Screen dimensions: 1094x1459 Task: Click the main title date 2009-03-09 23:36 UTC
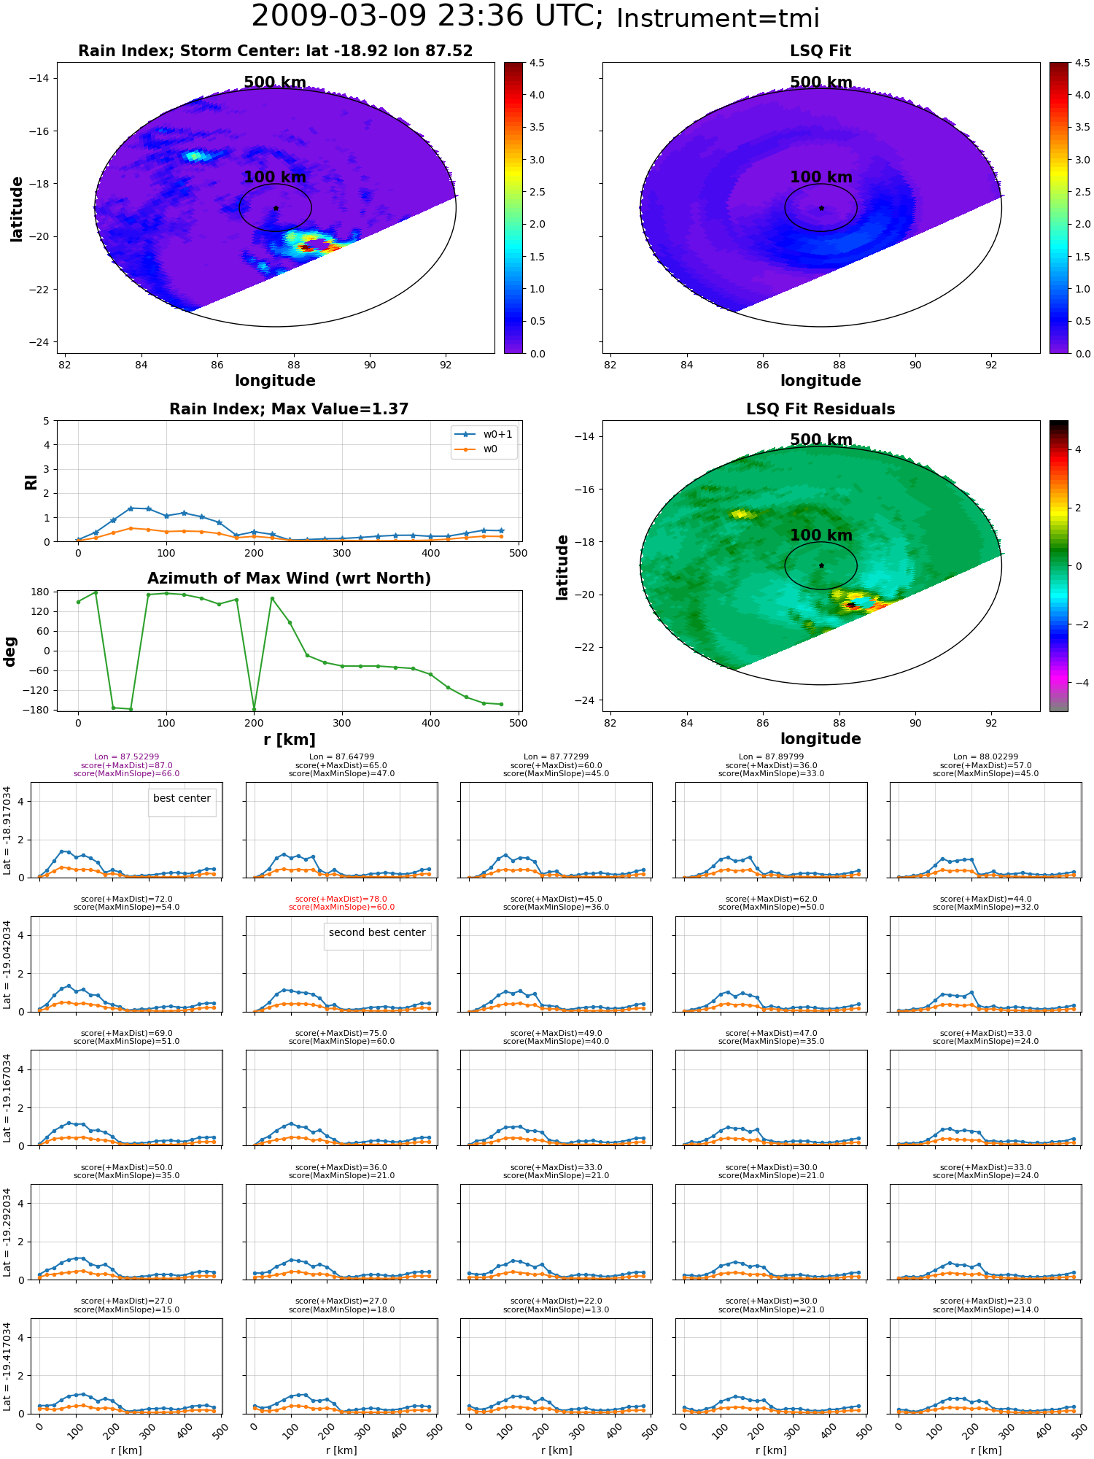(427, 16)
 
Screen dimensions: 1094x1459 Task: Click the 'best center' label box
(182, 799)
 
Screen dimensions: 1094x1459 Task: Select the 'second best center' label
(377, 933)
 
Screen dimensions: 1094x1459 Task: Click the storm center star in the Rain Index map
(276, 208)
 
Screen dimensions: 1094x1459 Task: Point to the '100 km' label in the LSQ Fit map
(821, 177)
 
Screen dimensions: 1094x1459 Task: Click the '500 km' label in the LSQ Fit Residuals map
(821, 440)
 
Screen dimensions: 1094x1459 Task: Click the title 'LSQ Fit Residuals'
(820, 409)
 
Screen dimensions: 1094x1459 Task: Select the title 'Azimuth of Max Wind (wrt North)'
(289, 578)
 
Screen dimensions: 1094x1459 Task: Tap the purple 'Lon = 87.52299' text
(126, 757)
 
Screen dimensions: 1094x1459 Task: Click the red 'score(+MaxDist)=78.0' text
(341, 899)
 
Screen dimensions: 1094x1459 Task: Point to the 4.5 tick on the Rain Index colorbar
(537, 63)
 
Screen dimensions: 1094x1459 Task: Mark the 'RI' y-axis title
(31, 482)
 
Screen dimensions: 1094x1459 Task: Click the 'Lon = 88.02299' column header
(985, 757)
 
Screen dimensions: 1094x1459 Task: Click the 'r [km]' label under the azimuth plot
(289, 740)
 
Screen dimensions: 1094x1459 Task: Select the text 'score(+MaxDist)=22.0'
(556, 1301)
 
